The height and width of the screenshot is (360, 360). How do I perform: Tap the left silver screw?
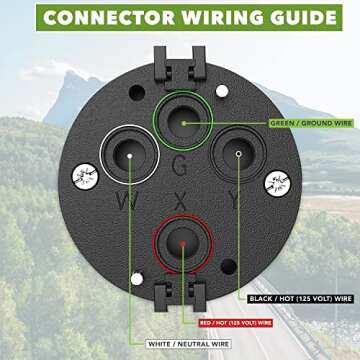(x=84, y=180)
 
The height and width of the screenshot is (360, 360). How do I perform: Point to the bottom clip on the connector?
(x=181, y=296)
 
